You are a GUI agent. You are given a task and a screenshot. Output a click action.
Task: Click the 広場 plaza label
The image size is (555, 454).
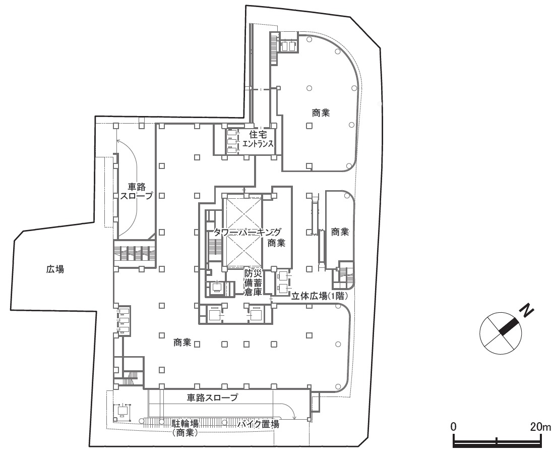tap(55, 269)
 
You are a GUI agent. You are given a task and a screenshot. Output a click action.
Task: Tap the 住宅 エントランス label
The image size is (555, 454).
tap(257, 139)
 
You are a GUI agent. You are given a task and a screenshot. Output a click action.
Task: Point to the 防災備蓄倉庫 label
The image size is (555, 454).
tap(253, 283)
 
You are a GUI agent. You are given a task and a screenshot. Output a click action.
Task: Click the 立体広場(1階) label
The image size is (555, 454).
tap(319, 297)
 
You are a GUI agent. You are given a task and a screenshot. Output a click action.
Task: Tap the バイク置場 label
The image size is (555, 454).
tap(259, 424)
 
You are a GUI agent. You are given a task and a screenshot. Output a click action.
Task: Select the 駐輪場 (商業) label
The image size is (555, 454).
tap(185, 427)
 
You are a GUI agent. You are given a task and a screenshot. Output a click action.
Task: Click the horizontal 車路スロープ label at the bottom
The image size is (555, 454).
tap(212, 398)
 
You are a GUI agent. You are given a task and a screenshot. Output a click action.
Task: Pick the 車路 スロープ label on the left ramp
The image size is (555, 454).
tap(137, 191)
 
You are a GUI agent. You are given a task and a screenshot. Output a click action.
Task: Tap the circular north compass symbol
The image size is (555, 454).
tap(501, 332)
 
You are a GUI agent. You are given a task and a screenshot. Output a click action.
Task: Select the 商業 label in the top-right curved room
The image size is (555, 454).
tap(321, 113)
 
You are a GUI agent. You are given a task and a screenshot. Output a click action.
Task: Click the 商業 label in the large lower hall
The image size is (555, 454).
tap(182, 343)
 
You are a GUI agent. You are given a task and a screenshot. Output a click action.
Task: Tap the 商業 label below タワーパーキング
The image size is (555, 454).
tap(276, 243)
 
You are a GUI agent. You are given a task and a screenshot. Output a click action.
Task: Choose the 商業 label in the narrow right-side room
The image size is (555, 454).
tap(340, 232)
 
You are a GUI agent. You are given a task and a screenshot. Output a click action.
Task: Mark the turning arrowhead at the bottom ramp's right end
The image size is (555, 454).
tap(294, 417)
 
